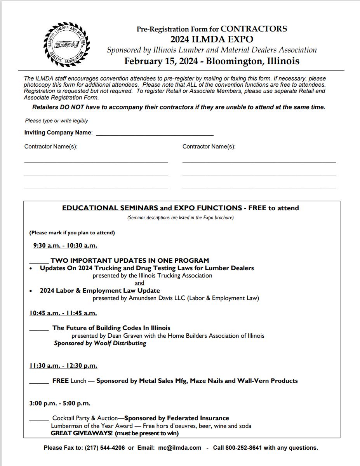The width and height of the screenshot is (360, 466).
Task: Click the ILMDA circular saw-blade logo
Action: [66, 45]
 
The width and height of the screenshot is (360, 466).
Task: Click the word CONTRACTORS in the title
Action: [254, 29]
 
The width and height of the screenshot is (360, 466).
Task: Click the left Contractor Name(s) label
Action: [51, 147]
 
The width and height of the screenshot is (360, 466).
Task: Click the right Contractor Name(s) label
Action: [209, 147]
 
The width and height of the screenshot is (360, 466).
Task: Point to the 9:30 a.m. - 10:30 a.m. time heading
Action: [65, 245]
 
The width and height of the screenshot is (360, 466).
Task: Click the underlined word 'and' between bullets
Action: [139, 283]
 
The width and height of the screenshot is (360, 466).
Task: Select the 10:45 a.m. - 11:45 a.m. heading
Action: [63, 313]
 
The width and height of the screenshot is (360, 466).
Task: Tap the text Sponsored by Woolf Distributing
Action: [100, 343]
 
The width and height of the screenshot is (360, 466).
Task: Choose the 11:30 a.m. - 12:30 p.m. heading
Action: [63, 365]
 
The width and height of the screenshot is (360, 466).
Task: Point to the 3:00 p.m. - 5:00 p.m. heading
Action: [60, 403]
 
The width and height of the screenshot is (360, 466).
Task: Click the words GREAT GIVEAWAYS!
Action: [82, 433]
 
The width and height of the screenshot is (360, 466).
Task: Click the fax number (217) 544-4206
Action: [105, 448]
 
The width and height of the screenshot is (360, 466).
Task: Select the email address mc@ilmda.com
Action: [179, 448]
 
